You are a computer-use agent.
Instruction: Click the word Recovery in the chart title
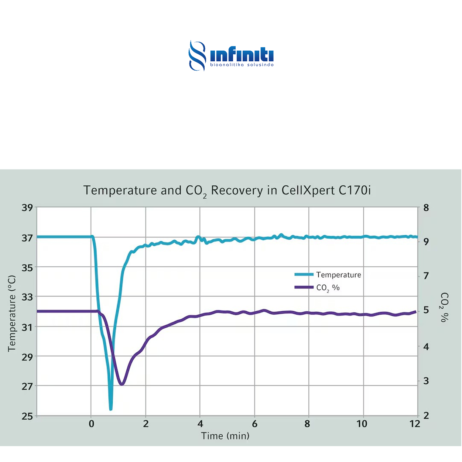coord(236,190)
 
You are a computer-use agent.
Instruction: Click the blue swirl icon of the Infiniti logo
coord(197,55)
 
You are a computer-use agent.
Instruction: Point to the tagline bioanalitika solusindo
coord(242,65)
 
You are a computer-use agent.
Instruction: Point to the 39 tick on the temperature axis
coord(27,208)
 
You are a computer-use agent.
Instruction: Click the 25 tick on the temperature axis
coord(27,416)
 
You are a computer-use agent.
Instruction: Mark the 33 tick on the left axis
coord(27,297)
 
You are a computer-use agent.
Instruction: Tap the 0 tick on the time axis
coord(91,424)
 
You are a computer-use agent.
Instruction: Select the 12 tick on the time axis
coord(415,424)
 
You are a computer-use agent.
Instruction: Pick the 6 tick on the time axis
coord(254,424)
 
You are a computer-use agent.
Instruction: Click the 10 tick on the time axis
coord(362,424)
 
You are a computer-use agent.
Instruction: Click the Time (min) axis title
coord(225,436)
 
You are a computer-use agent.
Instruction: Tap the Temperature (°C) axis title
coord(12,313)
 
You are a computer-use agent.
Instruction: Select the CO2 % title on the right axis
coord(444,307)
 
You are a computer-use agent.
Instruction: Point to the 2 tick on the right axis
coord(426,415)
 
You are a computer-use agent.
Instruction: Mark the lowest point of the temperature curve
coord(111,409)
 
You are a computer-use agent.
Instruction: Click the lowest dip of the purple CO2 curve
coord(122,384)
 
